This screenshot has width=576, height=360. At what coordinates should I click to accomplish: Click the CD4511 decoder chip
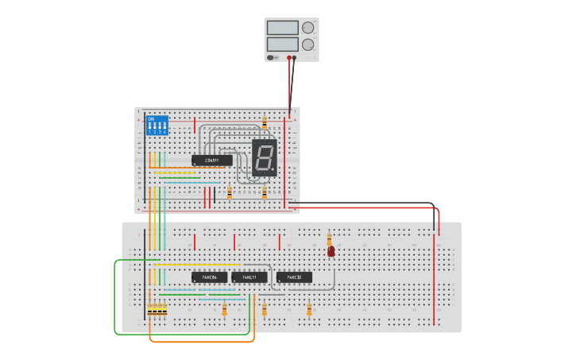click(x=212, y=161)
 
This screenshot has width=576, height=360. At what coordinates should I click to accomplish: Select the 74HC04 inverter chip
click(x=209, y=277)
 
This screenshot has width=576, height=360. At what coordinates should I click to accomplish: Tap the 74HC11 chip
click(x=249, y=277)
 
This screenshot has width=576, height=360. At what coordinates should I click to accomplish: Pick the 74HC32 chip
click(x=294, y=277)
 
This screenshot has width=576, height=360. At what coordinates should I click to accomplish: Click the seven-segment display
click(x=265, y=157)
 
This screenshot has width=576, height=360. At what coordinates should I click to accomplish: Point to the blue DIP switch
click(x=157, y=125)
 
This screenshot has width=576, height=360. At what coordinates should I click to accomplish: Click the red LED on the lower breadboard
click(x=331, y=251)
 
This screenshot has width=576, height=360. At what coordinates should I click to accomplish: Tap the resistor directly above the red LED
click(x=329, y=238)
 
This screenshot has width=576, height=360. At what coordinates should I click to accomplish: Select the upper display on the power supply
click(x=282, y=28)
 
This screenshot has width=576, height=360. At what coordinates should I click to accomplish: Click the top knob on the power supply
click(x=307, y=28)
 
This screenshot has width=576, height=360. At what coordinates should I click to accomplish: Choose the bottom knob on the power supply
click(x=307, y=45)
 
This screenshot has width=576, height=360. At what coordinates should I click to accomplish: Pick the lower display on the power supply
click(x=282, y=45)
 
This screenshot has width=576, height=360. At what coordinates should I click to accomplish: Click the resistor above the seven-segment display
click(x=265, y=122)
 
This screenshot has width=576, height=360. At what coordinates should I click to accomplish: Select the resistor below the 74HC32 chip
click(x=309, y=308)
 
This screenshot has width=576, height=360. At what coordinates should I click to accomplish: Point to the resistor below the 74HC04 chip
click(x=224, y=308)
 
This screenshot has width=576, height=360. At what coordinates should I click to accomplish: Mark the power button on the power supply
click(x=271, y=57)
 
